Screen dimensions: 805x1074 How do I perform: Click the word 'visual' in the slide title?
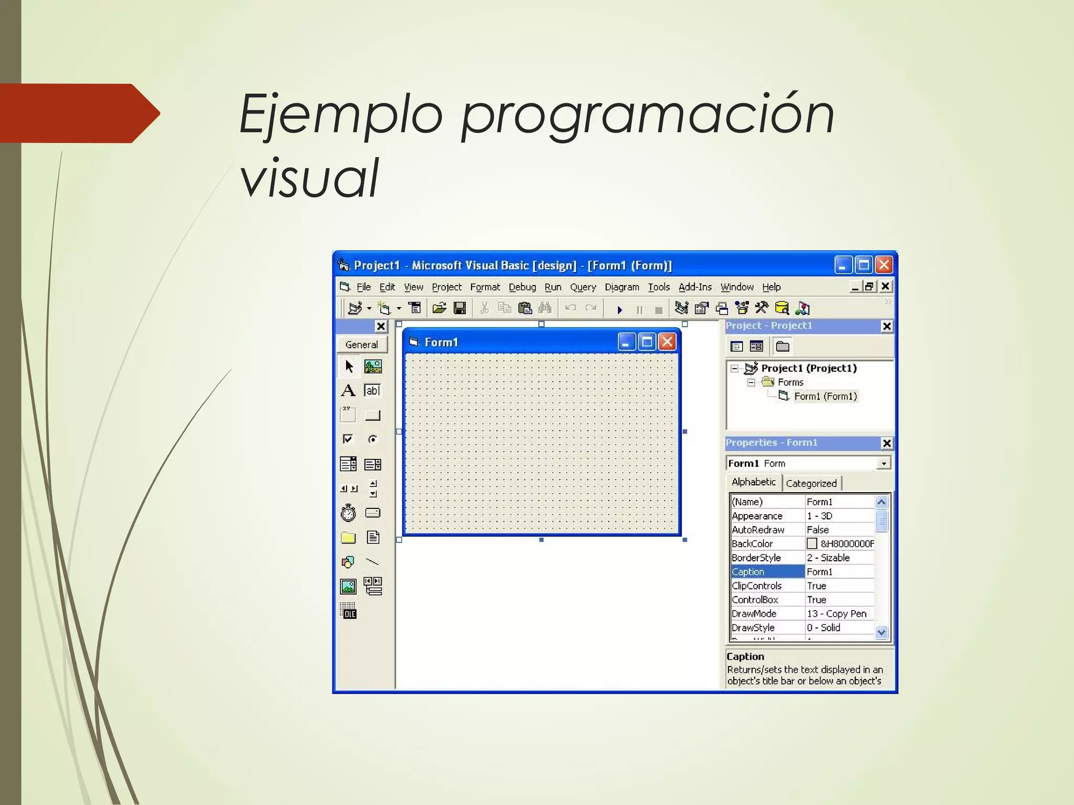click(x=309, y=178)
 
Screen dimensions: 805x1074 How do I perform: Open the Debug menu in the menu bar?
click(x=522, y=287)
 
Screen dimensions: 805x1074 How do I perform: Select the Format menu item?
click(x=485, y=287)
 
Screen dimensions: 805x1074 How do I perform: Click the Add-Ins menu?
click(x=695, y=287)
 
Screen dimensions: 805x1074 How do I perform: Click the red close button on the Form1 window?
click(x=667, y=342)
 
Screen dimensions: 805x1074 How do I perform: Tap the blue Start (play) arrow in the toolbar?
click(x=619, y=310)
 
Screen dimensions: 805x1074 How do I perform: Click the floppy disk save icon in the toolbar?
click(x=460, y=308)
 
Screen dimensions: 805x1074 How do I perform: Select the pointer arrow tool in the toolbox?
click(x=349, y=366)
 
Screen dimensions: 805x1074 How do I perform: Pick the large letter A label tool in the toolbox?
click(x=348, y=390)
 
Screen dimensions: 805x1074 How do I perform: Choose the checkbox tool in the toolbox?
click(x=348, y=439)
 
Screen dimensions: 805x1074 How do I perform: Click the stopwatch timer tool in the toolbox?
click(x=348, y=513)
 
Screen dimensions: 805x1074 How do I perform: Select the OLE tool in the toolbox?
click(x=348, y=611)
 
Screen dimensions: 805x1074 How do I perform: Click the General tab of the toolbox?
click(x=361, y=345)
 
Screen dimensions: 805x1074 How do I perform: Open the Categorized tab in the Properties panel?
click(x=811, y=484)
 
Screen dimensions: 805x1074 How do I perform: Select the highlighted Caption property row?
click(x=767, y=572)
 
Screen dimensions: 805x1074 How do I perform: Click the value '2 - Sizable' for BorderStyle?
click(x=829, y=558)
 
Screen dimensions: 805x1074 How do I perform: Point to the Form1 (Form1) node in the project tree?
click(x=825, y=396)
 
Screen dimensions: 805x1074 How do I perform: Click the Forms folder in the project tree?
click(x=790, y=382)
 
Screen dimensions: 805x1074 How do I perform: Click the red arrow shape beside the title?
click(x=79, y=113)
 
